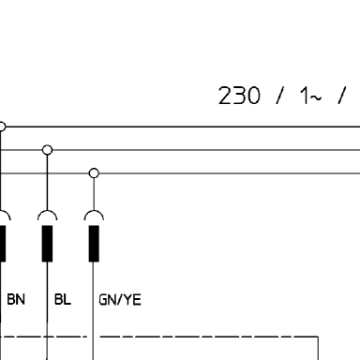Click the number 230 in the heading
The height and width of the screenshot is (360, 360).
click(x=239, y=96)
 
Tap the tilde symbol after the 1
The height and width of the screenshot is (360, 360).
click(x=316, y=98)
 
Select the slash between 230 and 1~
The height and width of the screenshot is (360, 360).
click(x=280, y=96)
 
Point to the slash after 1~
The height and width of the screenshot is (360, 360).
click(x=342, y=96)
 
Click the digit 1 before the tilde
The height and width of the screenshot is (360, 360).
click(x=305, y=96)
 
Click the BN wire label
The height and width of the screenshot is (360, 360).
click(x=16, y=299)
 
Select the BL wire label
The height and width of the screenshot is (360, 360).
click(x=63, y=299)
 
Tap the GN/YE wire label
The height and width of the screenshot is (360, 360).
click(x=120, y=300)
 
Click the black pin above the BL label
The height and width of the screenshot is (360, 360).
click(x=47, y=244)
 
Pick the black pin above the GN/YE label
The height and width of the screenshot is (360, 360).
click(x=94, y=244)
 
